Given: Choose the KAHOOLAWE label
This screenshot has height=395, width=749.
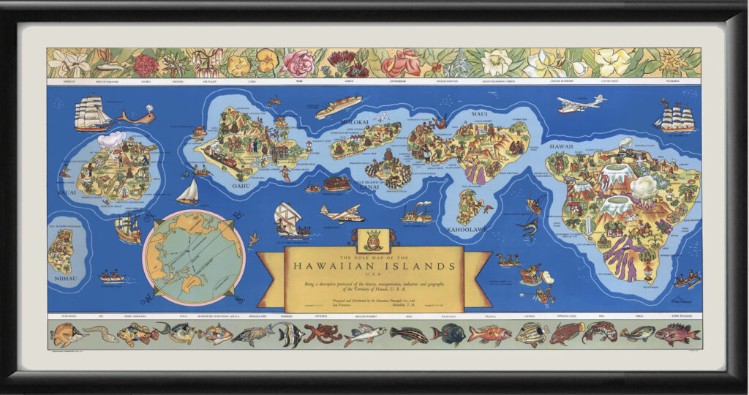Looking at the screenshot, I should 466,229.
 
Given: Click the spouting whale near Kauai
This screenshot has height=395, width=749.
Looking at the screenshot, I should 137,116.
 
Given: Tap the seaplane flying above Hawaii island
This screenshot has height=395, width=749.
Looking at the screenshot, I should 581,105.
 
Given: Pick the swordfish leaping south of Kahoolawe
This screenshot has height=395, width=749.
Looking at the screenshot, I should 528,228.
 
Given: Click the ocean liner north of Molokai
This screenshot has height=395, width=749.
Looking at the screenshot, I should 339,107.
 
